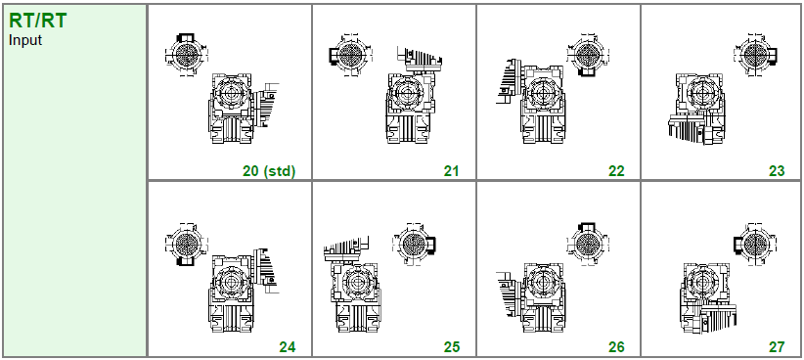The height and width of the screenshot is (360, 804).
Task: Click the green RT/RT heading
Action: [x=37, y=21]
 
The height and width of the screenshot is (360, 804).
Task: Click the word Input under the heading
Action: [x=25, y=40]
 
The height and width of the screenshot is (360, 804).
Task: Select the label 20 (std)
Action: [x=269, y=171]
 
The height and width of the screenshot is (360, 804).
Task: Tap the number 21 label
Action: [x=451, y=171]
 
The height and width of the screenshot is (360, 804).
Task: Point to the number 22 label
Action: [x=616, y=171]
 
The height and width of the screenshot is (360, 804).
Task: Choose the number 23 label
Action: [x=777, y=171]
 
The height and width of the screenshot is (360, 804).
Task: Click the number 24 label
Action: [x=288, y=347]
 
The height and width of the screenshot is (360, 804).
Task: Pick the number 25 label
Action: [x=451, y=347]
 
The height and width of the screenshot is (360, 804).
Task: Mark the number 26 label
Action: [x=616, y=347]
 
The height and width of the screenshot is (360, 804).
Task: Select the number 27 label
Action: [x=777, y=347]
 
